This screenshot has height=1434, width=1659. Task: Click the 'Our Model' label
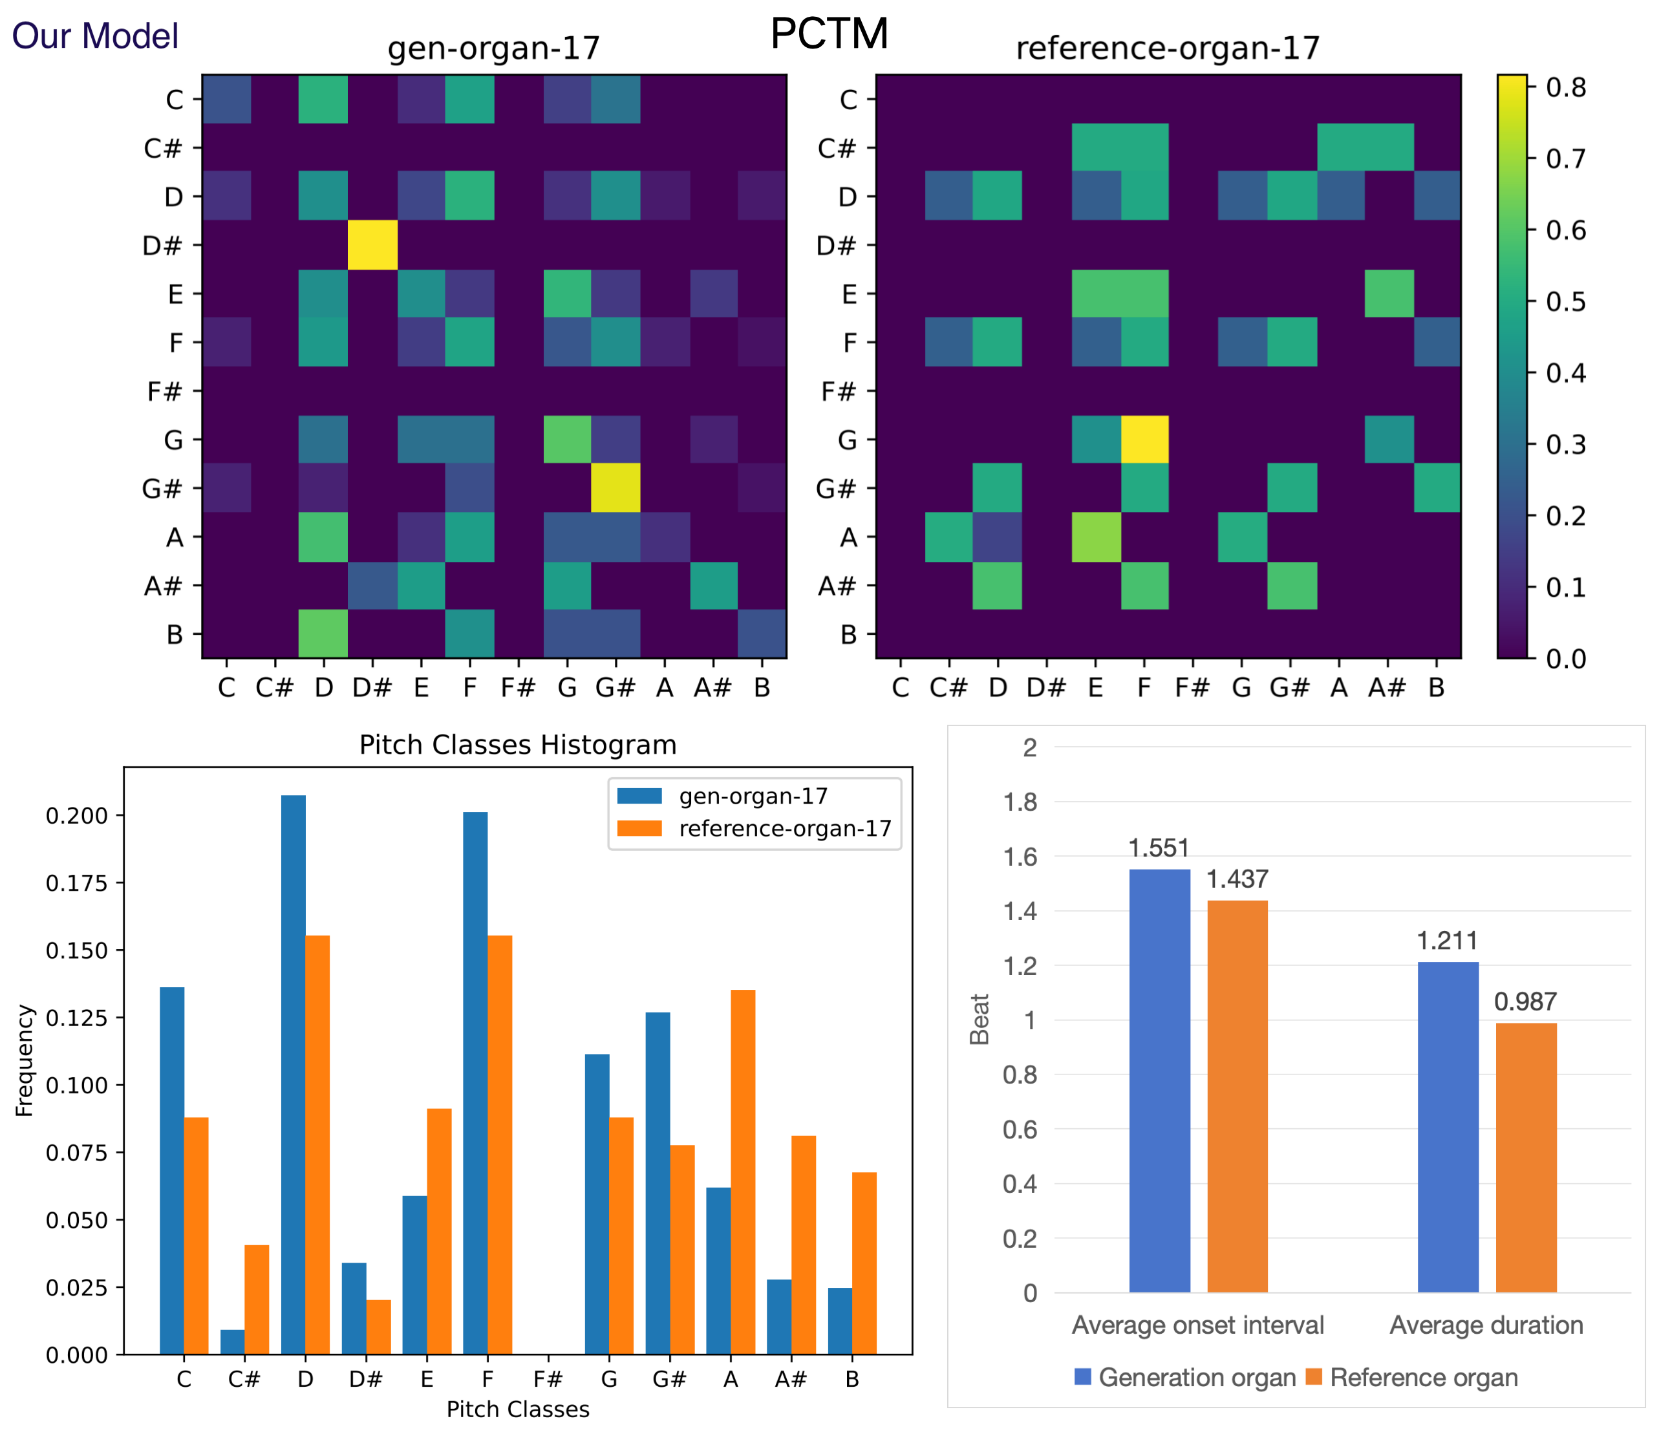[94, 36]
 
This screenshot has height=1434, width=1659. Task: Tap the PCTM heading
[829, 34]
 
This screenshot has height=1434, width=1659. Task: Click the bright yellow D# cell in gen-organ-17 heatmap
[372, 245]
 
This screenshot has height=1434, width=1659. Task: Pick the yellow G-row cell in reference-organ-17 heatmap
[1144, 440]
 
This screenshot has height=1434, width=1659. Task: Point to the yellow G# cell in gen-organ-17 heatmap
[615, 487]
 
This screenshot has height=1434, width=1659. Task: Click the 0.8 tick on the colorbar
[1565, 87]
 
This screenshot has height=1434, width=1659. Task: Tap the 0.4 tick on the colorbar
[1565, 373]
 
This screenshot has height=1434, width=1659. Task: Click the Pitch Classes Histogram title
[517, 745]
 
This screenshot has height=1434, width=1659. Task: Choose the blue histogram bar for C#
[232, 1342]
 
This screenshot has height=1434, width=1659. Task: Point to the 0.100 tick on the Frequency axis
[76, 1086]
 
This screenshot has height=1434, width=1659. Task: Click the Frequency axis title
[25, 1060]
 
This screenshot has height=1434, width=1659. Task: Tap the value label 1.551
[1159, 848]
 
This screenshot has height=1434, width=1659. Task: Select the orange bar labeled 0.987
[1525, 1157]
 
